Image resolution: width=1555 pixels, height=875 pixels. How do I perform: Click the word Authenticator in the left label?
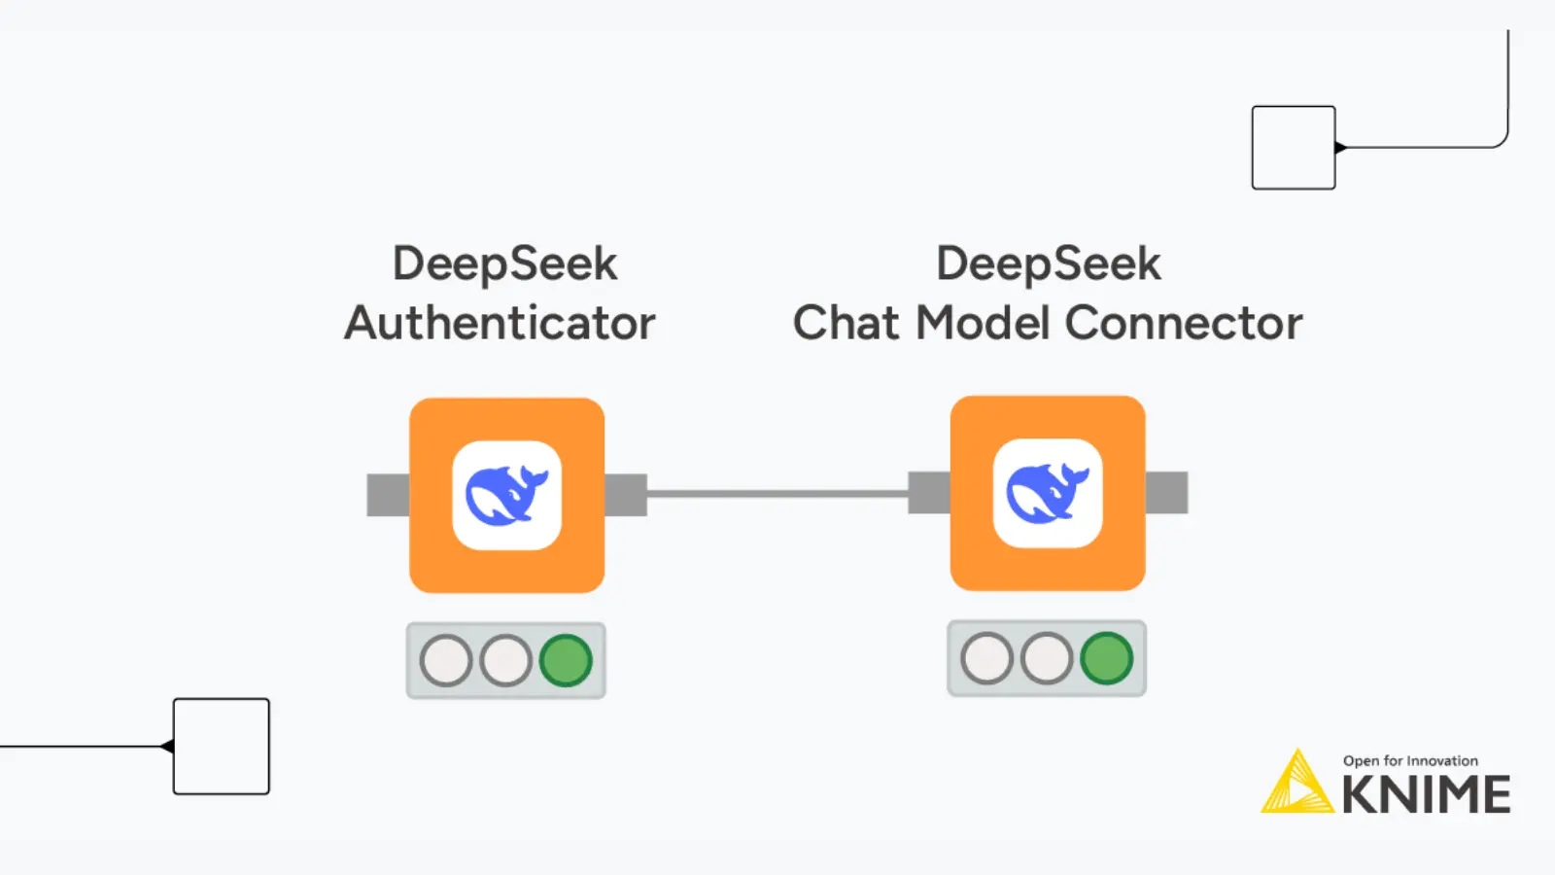501,323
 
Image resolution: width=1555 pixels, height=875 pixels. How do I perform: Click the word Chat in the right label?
845,323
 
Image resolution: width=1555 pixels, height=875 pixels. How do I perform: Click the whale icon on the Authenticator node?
506,495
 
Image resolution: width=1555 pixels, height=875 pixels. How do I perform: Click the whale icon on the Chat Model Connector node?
1047,493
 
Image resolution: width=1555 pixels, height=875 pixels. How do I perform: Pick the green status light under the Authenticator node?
566,661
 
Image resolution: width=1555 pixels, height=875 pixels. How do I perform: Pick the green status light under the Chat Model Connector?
1106,658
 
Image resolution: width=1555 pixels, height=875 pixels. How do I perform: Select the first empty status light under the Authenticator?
446,661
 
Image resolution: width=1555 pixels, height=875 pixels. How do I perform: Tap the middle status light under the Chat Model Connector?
1047,658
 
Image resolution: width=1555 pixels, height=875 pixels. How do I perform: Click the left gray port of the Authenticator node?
388,495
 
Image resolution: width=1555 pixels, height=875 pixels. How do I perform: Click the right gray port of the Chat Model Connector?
1166,492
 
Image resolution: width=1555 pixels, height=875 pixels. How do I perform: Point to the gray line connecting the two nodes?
777,494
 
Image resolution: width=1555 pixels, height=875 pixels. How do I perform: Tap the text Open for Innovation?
1410,760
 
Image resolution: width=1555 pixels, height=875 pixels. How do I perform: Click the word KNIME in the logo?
1426,795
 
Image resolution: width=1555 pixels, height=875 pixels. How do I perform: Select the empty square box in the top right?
1293,148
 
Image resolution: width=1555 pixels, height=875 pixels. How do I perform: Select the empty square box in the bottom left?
222,746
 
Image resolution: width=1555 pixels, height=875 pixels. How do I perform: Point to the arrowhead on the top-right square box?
1341,148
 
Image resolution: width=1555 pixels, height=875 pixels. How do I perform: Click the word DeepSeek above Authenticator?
504,263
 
